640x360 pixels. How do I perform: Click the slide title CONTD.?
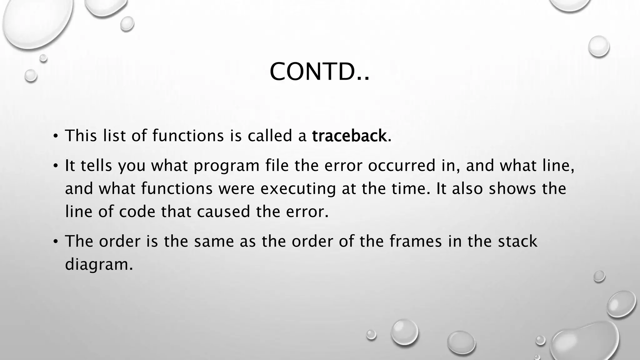319,72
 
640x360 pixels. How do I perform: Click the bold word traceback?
349,136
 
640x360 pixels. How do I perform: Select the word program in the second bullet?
226,166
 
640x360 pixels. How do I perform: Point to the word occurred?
402,165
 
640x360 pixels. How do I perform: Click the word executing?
298,189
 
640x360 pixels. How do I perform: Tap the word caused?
223,212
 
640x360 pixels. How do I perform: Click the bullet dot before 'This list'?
55,136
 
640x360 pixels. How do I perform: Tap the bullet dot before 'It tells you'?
55,166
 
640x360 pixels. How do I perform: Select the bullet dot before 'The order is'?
55,242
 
